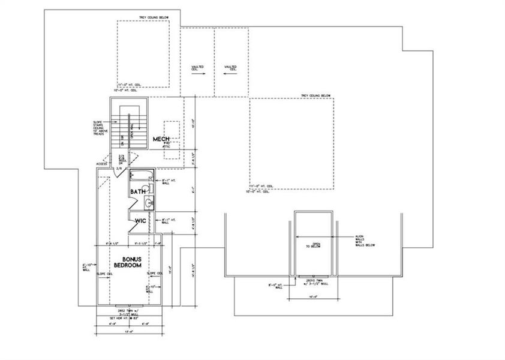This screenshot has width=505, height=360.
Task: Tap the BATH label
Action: (139, 191)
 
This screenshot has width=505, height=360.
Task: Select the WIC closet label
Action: (140, 220)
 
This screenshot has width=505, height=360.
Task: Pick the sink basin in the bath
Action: (149, 202)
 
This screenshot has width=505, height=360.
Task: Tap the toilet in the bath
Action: (151, 188)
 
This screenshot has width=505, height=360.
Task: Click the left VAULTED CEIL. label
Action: (197, 68)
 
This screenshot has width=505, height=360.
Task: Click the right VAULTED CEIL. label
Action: (230, 68)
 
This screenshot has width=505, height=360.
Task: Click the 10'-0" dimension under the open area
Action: (312, 296)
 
